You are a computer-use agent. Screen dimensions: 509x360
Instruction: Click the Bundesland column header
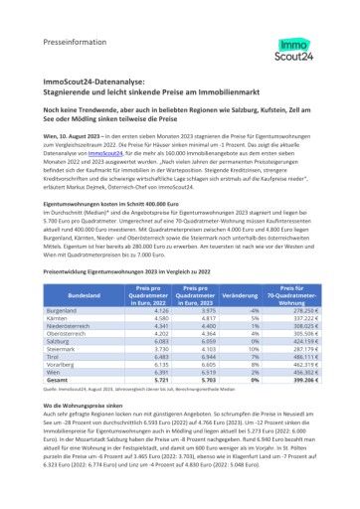pos(84,296)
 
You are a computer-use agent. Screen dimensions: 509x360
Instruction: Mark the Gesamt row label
pos(59,380)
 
